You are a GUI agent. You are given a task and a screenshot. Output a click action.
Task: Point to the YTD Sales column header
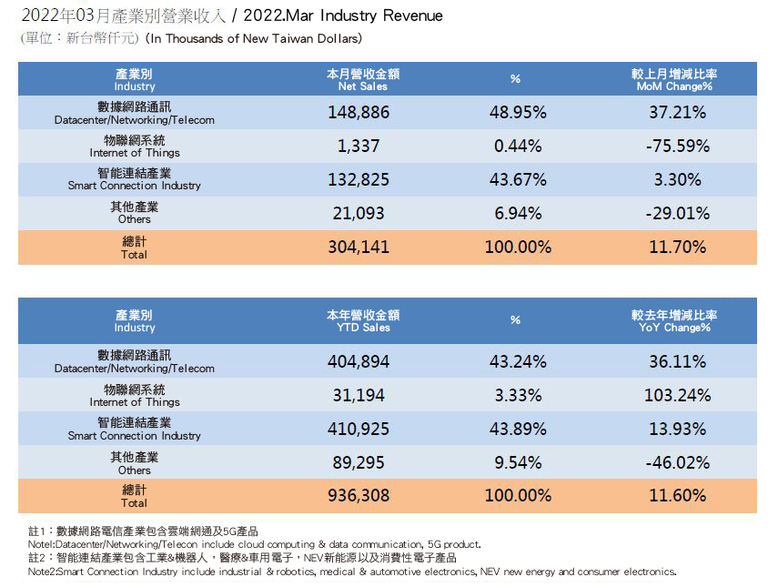click(363, 321)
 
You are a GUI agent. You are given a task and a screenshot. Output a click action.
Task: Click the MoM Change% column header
click(674, 79)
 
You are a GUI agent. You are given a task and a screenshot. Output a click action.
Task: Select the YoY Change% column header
click(674, 321)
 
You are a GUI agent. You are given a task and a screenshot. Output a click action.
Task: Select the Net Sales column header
click(363, 79)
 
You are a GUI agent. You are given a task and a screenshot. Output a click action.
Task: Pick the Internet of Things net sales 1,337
click(358, 146)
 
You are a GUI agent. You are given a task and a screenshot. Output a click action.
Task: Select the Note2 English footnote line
click(351, 572)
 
